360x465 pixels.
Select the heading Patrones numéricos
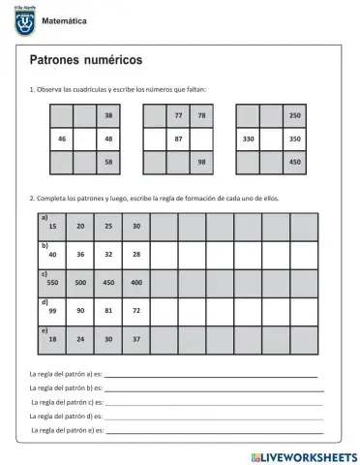click(87, 61)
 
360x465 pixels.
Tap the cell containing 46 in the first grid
click(61, 139)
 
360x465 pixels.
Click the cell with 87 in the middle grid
click(178, 139)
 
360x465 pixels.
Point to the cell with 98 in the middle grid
click(201, 162)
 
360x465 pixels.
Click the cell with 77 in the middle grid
click(178, 116)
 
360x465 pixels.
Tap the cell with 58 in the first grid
click(108, 162)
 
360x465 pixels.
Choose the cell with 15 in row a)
click(52, 226)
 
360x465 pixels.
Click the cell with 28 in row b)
click(136, 254)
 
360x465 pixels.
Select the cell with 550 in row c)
click(52, 282)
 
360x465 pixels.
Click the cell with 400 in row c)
click(136, 282)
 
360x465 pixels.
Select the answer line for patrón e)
click(213, 429)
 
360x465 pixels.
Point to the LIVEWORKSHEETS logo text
click(303, 455)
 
